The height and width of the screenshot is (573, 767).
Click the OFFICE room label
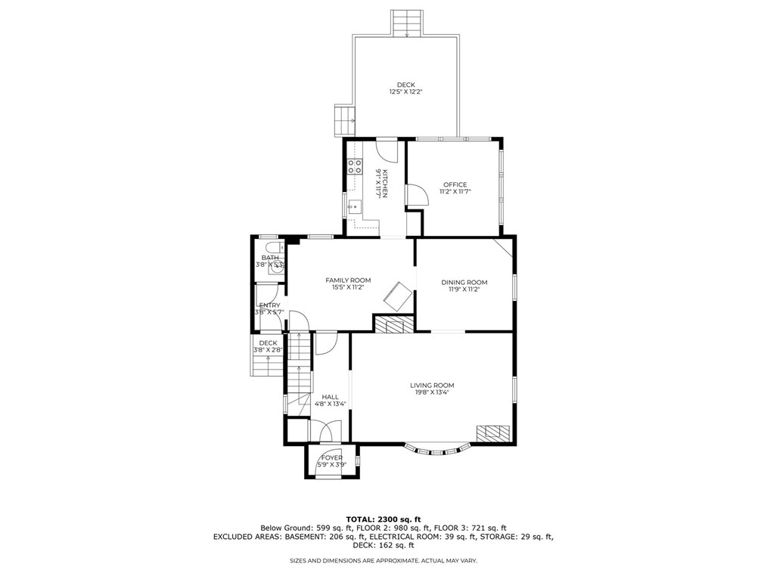[x=455, y=184]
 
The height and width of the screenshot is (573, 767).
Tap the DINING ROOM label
[x=464, y=282]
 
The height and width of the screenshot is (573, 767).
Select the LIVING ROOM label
[x=434, y=385]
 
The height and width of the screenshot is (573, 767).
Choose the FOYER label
[x=331, y=457]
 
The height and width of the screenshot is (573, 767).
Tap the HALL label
[x=330, y=396]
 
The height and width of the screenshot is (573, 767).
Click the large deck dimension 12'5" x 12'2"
[x=405, y=92]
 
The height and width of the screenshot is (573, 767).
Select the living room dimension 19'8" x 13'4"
[x=434, y=392]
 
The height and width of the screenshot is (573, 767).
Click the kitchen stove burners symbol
[x=354, y=166]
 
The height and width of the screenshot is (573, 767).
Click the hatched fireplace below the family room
[x=393, y=325]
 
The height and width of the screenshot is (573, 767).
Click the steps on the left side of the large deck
[x=345, y=118]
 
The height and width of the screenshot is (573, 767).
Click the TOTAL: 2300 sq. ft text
[x=383, y=519]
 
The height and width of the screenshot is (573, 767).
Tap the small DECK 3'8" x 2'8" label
[x=268, y=346]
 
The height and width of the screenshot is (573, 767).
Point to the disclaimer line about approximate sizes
[x=383, y=560]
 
